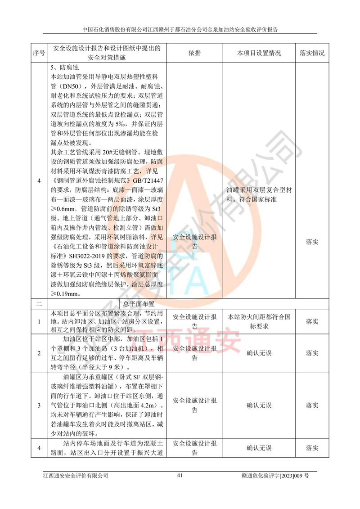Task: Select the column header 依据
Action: tap(195, 53)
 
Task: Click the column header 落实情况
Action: tap(312, 53)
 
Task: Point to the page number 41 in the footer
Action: tap(180, 475)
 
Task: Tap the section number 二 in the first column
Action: tap(39, 304)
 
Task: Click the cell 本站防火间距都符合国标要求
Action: tap(259, 321)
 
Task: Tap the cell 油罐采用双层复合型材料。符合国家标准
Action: tap(259, 194)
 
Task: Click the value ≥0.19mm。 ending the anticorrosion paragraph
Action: tap(66, 294)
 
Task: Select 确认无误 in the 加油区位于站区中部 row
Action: tap(259, 353)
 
